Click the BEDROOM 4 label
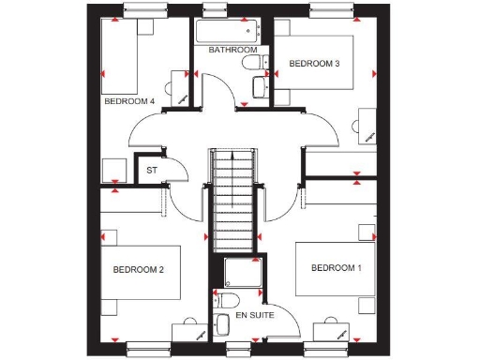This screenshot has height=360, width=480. [128, 100]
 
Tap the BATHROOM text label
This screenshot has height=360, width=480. [232, 50]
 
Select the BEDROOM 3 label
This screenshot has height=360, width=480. [313, 64]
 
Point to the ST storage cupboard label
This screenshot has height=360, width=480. [150, 171]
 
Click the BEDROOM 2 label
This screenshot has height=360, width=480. [139, 270]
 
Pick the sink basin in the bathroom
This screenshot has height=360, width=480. [260, 87]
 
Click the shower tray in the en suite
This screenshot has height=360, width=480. [243, 273]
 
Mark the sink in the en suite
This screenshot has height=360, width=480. [222, 325]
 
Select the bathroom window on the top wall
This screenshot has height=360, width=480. [215, 12]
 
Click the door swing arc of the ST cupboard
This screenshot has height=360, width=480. [182, 174]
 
